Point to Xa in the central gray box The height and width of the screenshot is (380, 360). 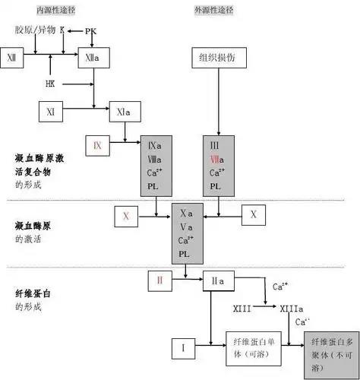(186, 214)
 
